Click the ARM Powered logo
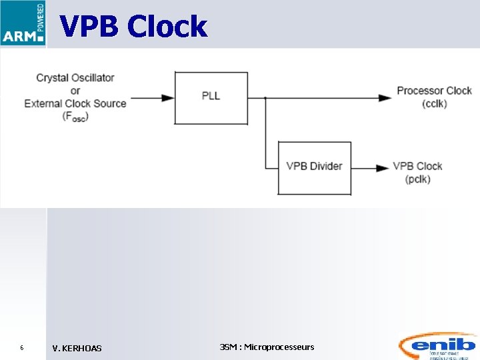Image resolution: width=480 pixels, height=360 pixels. tap(23, 23)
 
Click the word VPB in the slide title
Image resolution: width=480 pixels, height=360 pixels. tap(90, 27)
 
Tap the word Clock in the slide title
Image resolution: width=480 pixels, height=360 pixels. tap(167, 27)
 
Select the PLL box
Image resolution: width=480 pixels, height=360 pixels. tap(211, 97)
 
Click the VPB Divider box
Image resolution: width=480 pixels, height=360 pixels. tap(314, 167)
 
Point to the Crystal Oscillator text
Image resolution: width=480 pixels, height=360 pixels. tap(75, 78)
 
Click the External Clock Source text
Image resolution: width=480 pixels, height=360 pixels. tap(75, 103)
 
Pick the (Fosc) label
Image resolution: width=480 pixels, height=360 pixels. tap(75, 117)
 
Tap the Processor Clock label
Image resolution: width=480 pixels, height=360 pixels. tap(434, 91)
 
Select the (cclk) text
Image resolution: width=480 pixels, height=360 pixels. tap(434, 104)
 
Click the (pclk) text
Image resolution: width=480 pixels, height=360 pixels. tap(417, 179)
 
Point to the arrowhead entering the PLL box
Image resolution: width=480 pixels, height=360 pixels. tap(169, 98)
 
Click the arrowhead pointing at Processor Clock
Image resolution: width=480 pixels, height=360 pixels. tap(385, 98)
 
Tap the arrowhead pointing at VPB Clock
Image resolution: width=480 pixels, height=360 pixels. tap(383, 168)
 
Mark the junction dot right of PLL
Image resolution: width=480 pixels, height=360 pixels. tap(265, 98)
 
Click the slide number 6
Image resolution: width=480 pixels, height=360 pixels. tap(22, 348)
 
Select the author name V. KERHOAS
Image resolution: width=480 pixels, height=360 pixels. tap(77, 348)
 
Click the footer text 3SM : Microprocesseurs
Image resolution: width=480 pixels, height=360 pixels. tap(267, 347)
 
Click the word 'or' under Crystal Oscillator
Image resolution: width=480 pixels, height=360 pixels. tap(75, 91)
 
